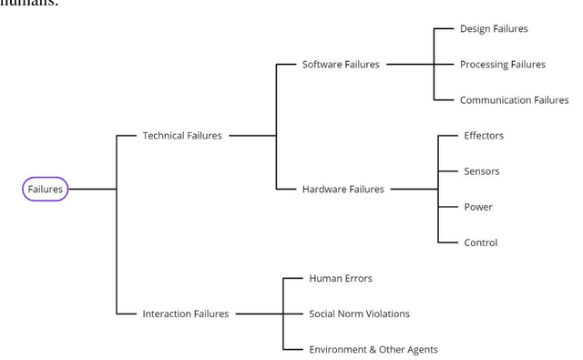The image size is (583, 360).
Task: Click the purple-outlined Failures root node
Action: tap(45, 189)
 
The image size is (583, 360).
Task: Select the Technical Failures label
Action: tap(181, 136)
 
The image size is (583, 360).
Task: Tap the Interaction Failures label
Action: tap(185, 314)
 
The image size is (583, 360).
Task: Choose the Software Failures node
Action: tap(341, 65)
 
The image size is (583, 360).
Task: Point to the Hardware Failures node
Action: tap(343, 189)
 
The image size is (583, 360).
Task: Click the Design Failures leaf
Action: tap(494, 29)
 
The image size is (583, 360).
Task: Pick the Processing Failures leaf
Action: tap(502, 65)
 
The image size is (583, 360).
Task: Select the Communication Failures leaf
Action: tap(514, 100)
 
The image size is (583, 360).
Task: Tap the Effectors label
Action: tap(483, 136)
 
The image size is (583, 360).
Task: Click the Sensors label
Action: tap(481, 171)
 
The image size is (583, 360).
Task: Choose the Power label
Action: tap(477, 207)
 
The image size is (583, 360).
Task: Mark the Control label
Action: tap(480, 242)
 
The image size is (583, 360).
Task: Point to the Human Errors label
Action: tap(340, 278)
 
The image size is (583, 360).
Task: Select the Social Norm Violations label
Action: tap(359, 314)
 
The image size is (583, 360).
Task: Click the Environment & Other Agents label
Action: tap(373, 349)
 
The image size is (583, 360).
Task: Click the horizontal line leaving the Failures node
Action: tap(92, 189)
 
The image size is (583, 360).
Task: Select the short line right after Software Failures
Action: tap(410, 65)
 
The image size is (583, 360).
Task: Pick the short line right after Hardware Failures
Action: tap(414, 189)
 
